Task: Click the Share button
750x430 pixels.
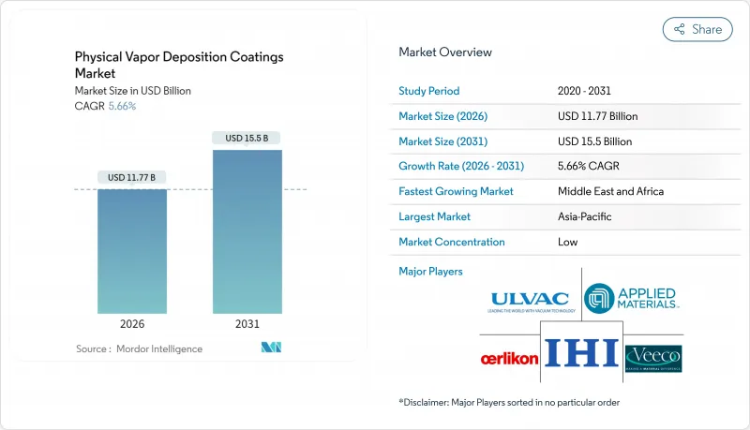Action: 697,29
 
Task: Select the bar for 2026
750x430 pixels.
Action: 131,251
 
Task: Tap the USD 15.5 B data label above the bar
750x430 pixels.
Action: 247,138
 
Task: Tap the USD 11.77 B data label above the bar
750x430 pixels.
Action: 131,177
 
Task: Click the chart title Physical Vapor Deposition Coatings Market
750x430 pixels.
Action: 178,65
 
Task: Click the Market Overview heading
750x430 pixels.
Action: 445,52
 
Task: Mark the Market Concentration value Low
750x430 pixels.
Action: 567,242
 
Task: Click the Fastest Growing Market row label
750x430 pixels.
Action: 457,191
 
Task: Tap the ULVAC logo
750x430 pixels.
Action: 530,301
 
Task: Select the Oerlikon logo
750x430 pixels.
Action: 508,359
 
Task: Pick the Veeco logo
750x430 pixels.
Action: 652,358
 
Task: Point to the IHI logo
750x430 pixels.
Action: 582,354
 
